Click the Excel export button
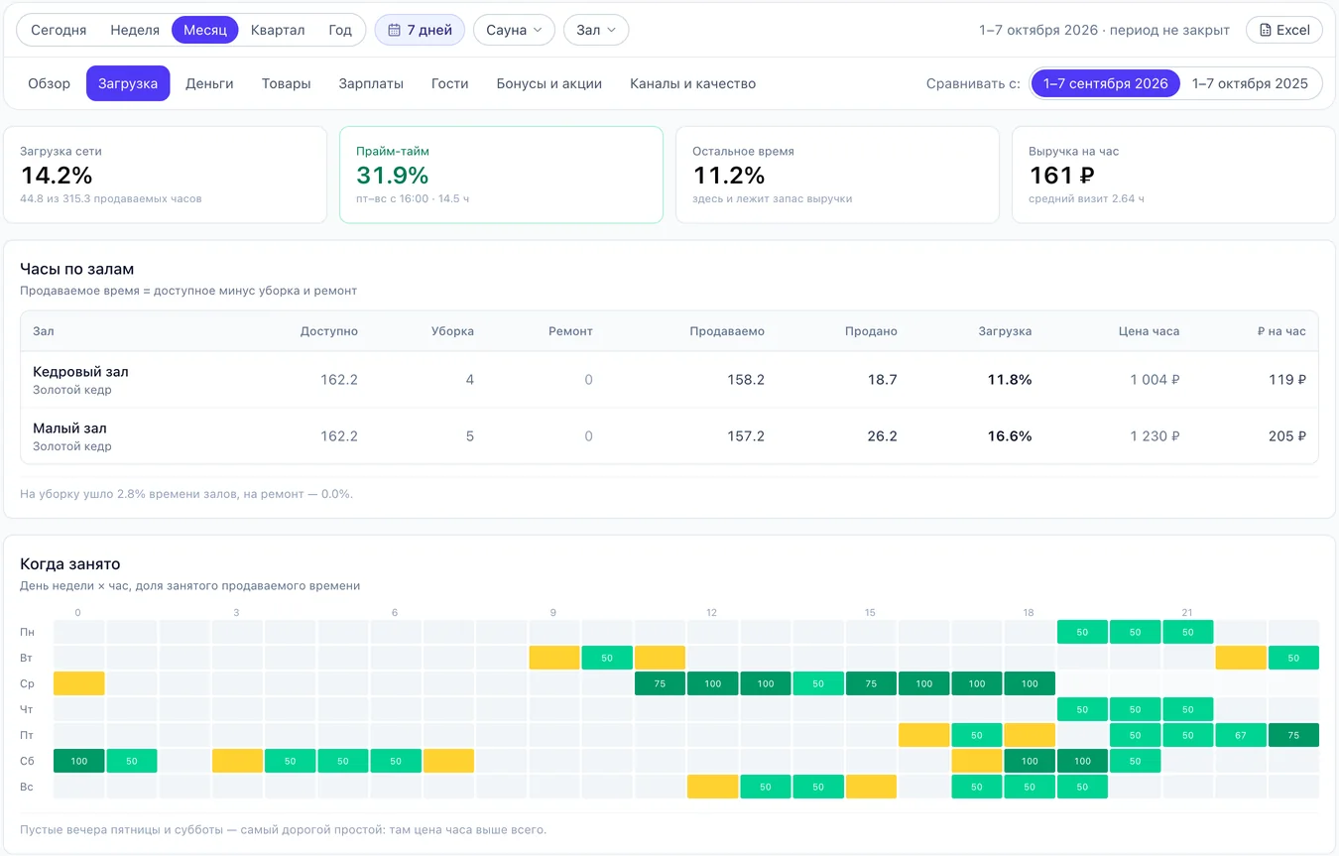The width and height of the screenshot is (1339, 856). coord(1284,30)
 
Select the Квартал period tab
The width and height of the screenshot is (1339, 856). coord(278,30)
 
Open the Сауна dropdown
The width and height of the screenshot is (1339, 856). coord(514,30)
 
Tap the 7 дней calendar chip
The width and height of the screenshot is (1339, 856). coord(420,30)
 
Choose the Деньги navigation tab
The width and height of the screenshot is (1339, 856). coord(209,83)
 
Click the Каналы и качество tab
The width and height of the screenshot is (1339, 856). coord(692,83)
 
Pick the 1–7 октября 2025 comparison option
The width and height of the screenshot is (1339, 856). coord(1250,83)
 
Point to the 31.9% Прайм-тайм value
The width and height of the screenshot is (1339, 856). coord(392,176)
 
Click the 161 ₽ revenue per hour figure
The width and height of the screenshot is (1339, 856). coord(1061,176)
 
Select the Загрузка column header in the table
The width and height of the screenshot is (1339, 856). coord(1004,331)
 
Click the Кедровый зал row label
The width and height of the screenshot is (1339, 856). coord(80,372)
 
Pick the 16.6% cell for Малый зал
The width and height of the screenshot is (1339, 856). coord(1009,435)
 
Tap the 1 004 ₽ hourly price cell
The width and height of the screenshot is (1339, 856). coord(1155,380)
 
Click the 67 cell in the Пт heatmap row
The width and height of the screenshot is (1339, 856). coord(1241,735)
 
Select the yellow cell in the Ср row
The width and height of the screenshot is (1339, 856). coord(79,683)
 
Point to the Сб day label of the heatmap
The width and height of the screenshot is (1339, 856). coord(27,761)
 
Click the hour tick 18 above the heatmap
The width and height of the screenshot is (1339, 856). coord(1029,612)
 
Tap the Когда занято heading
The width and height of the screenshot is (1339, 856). coord(70,563)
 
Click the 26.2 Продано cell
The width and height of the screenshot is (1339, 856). coord(882,435)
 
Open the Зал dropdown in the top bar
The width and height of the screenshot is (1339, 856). coord(596,30)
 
